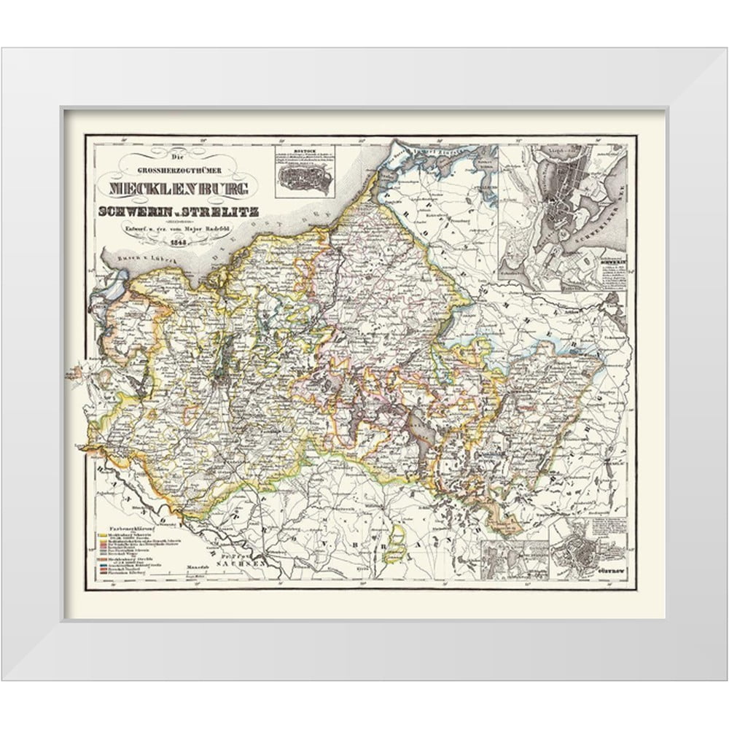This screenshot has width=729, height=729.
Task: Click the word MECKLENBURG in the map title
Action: pos(179,188)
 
